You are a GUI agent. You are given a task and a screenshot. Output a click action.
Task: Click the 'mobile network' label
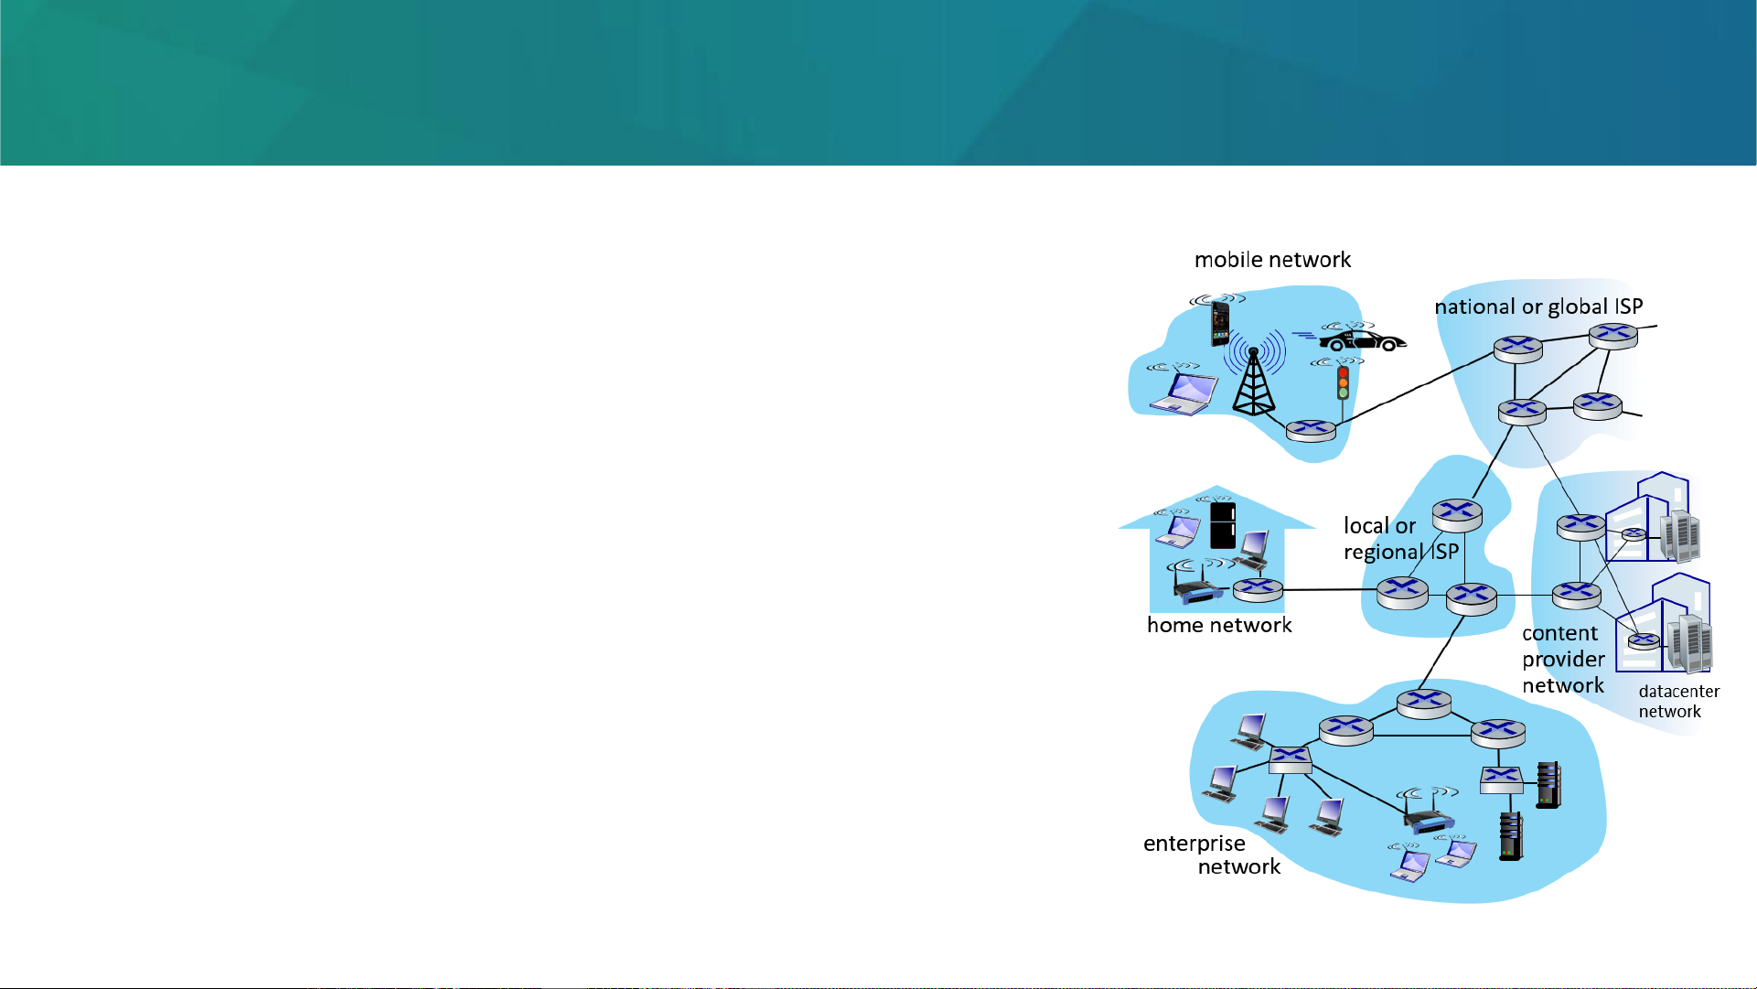tap(1272, 260)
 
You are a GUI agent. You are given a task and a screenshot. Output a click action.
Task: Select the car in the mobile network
tap(1362, 339)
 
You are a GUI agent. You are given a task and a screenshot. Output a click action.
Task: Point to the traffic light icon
tap(1343, 382)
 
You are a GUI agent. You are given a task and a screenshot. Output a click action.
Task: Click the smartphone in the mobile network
tap(1220, 324)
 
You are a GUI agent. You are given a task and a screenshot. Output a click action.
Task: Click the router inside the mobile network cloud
tap(1311, 430)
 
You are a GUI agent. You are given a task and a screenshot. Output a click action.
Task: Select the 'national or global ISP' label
tap(1538, 306)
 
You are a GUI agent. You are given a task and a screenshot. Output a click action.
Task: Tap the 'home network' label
tap(1219, 625)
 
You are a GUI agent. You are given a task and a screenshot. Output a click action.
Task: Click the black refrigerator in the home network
tap(1223, 525)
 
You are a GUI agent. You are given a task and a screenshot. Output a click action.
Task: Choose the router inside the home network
tap(1258, 590)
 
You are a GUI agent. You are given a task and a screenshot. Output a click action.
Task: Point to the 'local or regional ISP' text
tap(1400, 539)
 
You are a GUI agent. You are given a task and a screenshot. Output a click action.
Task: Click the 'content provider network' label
tap(1563, 660)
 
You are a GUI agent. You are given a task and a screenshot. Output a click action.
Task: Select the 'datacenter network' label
tap(1679, 702)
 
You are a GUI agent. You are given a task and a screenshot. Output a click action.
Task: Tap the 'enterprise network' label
tap(1212, 855)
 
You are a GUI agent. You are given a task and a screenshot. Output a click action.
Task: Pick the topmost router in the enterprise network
tap(1424, 704)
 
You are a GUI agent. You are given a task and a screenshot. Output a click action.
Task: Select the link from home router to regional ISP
tap(1330, 590)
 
